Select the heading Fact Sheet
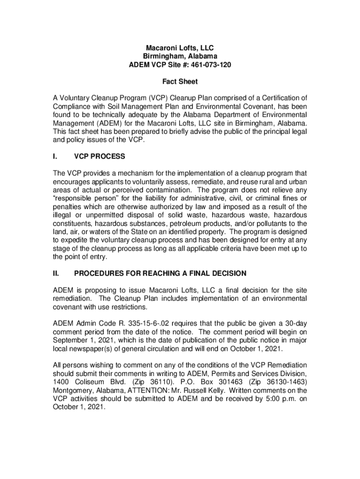click(x=180, y=81)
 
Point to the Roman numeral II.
click(x=57, y=273)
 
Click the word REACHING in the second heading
click(x=153, y=273)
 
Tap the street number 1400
click(x=62, y=381)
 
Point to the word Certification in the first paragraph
click(x=282, y=98)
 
